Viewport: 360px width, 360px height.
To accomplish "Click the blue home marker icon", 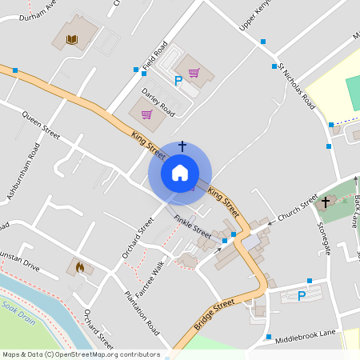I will [180, 172].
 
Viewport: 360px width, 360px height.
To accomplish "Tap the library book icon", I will [72, 38].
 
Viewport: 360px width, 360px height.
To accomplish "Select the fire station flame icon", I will [80, 267].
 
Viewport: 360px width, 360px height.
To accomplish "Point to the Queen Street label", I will [42, 124].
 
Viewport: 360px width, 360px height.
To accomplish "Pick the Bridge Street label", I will [214, 315].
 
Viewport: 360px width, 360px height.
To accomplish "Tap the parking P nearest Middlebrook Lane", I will [302, 296].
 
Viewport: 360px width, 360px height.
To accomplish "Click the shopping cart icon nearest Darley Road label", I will [146, 114].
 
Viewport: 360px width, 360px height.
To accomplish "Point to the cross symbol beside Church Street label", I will [326, 203].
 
